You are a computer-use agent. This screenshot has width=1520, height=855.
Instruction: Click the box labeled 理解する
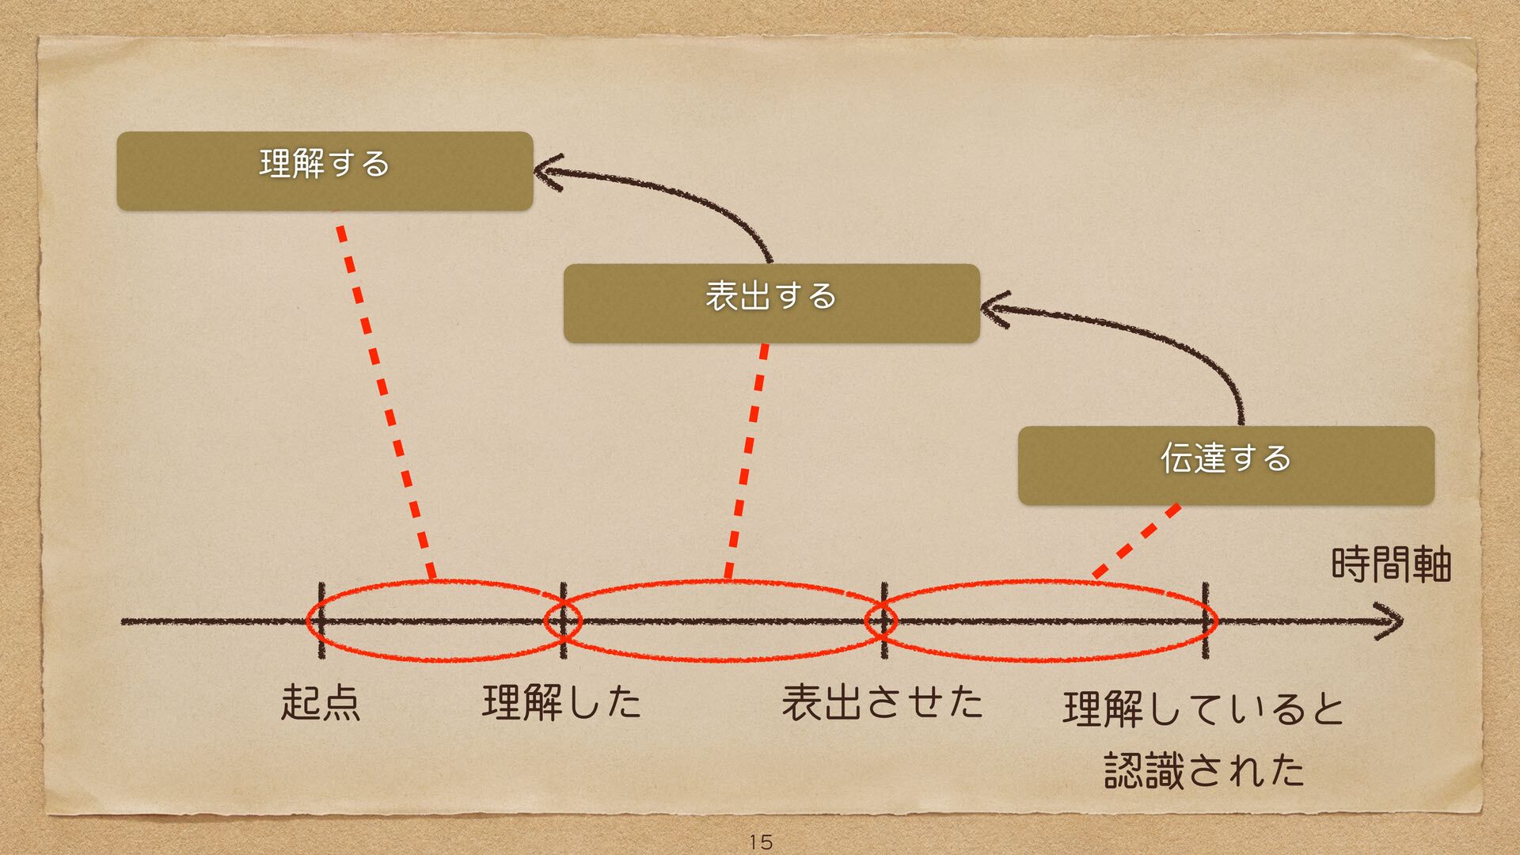click(x=325, y=171)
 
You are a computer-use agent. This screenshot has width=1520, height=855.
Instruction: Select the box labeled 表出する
click(x=771, y=302)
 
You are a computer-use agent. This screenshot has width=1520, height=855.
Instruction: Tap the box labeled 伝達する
click(x=1225, y=465)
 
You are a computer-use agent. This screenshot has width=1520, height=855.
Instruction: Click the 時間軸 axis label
click(x=1390, y=565)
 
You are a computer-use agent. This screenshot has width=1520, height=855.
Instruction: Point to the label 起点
click(x=321, y=703)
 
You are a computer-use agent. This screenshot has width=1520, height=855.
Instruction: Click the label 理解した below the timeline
click(x=562, y=703)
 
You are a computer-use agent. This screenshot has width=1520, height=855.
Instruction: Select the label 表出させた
click(x=882, y=703)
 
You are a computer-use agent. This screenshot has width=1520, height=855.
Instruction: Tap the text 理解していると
click(x=1203, y=709)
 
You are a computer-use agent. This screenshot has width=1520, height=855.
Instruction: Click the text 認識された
click(x=1203, y=769)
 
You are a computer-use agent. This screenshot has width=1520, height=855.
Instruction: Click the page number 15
click(x=760, y=842)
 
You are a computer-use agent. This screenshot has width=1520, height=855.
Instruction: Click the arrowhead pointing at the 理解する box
click(x=548, y=172)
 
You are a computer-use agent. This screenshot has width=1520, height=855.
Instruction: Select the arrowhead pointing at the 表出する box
click(x=994, y=309)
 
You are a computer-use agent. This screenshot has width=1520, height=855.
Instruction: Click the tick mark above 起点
click(x=321, y=621)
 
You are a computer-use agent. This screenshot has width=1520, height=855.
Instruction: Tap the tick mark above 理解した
click(x=563, y=621)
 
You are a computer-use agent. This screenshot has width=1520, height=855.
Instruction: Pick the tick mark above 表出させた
click(x=883, y=621)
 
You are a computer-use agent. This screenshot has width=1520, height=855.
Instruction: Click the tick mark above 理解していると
click(x=1205, y=621)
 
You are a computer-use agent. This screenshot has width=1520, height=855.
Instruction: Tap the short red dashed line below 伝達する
click(x=1137, y=541)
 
